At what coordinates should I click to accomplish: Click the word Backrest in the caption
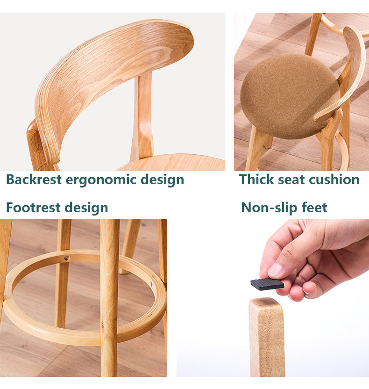pos(34,180)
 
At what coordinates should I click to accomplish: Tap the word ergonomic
pos(101,180)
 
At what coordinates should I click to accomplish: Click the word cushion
pos(334,179)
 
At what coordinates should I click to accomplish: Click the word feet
pos(314,208)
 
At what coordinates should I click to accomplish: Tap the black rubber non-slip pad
pos(267,284)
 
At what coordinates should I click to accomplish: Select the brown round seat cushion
pos(290,95)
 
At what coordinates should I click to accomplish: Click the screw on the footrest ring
pos(66,258)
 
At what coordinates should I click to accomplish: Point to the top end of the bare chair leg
pos(266,301)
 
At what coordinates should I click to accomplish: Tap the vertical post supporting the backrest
pos(142,116)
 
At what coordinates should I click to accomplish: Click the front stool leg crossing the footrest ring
pos(109,298)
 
